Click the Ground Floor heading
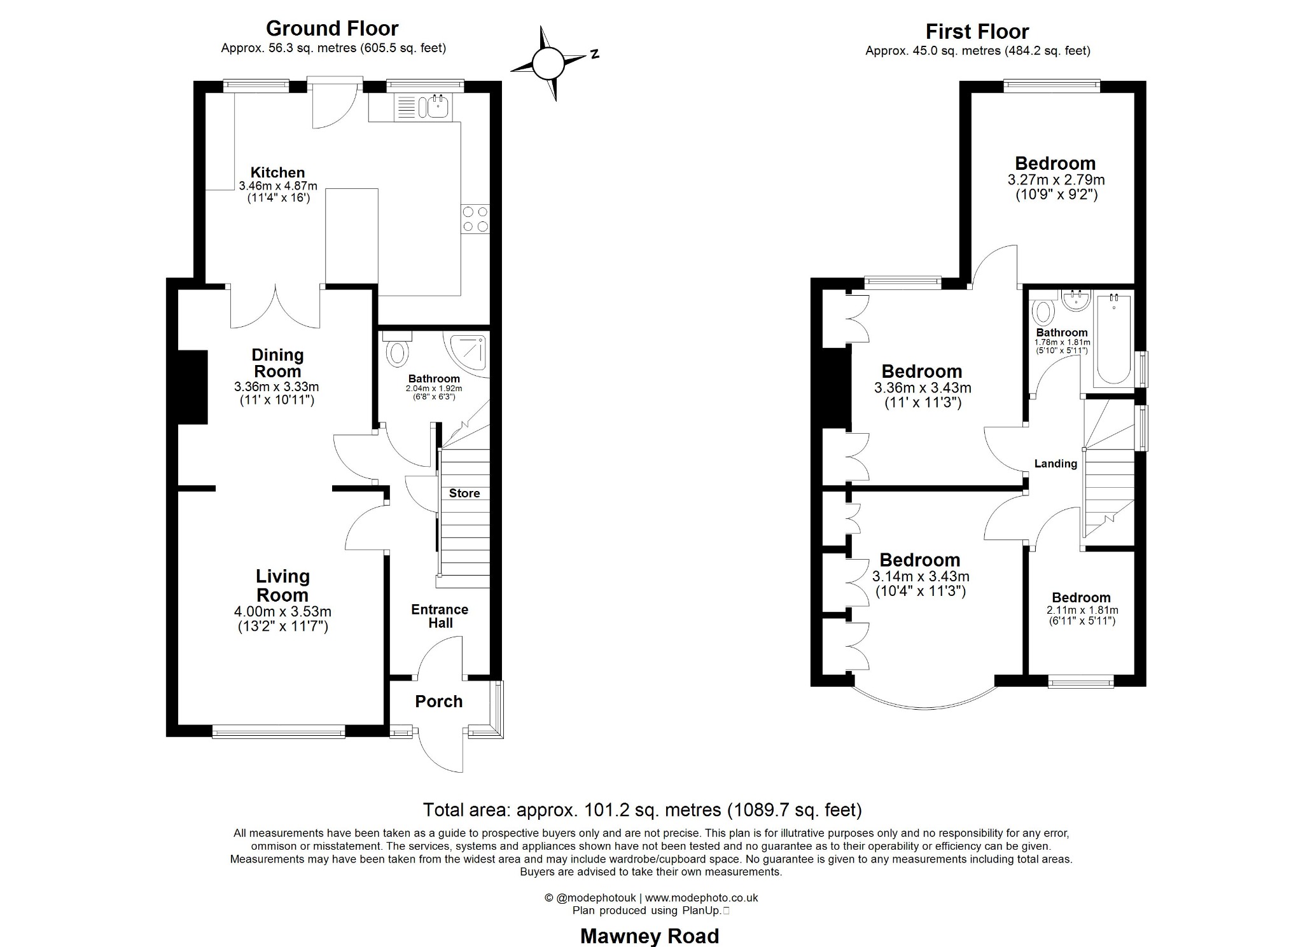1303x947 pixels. point(331,29)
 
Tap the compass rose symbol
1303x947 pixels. point(548,64)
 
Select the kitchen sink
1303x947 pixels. point(438,107)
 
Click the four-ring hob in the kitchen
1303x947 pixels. point(475,219)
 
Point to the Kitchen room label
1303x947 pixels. point(277,172)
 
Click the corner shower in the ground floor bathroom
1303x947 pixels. point(471,354)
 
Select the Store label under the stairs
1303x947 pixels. point(464,494)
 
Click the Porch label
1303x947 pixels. point(438,702)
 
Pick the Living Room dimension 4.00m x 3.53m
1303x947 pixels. point(282,612)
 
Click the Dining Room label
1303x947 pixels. point(277,363)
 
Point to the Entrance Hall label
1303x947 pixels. point(440,616)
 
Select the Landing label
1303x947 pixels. point(1056,464)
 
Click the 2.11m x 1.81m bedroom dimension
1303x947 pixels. point(1082,610)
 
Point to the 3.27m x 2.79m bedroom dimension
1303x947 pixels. point(1056,180)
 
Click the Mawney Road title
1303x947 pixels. point(650,936)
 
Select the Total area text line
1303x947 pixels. point(643,810)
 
